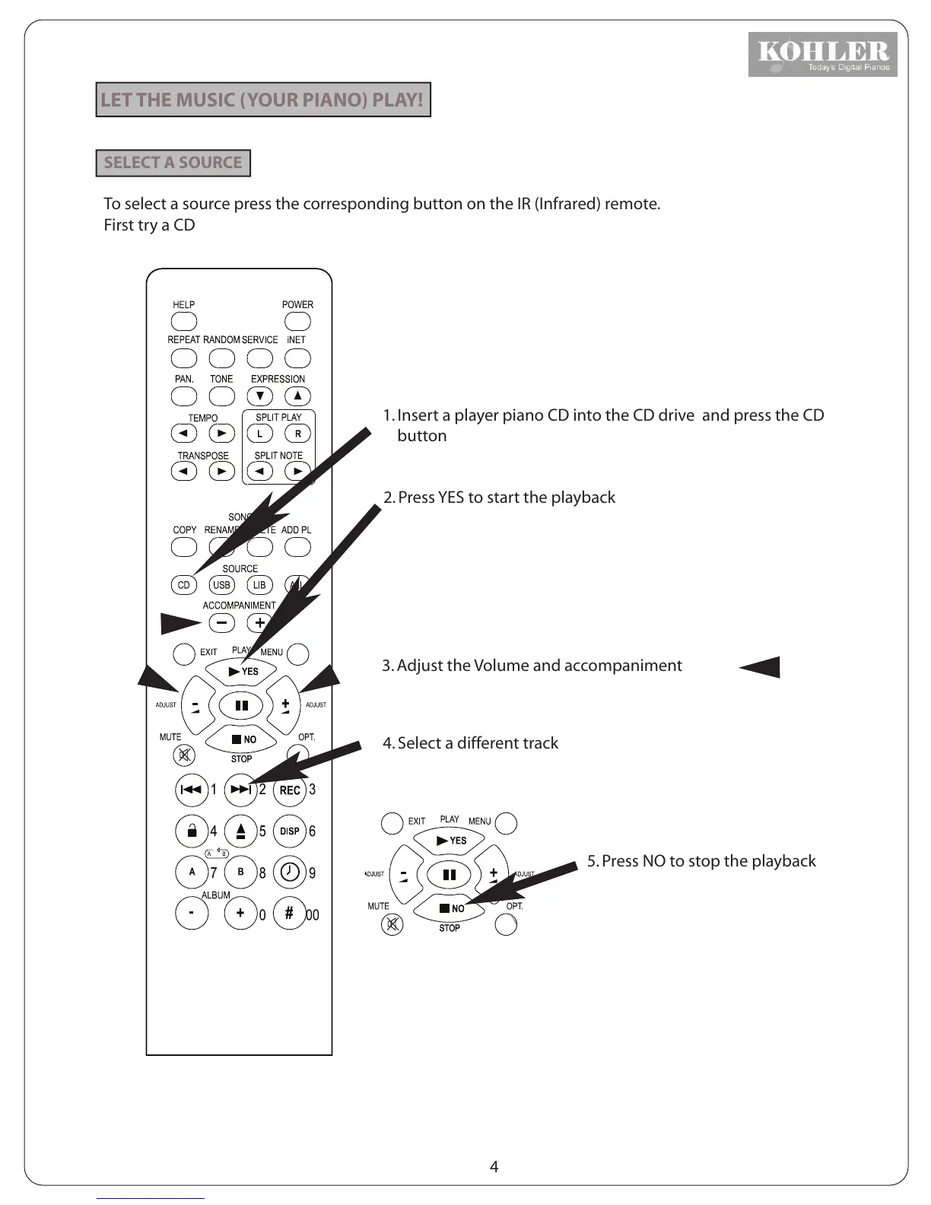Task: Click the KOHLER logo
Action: tap(822, 54)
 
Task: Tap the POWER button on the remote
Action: tap(297, 321)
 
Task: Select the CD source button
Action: tap(183, 585)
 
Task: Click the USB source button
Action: tap(221, 585)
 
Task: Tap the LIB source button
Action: tap(259, 585)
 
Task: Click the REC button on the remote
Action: tap(290, 790)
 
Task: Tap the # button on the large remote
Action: tap(289, 913)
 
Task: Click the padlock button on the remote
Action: tap(192, 831)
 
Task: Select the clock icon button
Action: tap(290, 872)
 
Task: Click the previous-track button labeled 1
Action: tap(192, 790)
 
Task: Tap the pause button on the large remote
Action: tap(241, 705)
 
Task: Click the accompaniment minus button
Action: tap(221, 623)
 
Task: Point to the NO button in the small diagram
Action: tap(450, 908)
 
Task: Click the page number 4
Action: tap(494, 1166)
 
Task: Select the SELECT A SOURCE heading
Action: tap(173, 163)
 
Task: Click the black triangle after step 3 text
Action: tap(761, 666)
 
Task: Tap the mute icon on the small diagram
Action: tap(392, 924)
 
